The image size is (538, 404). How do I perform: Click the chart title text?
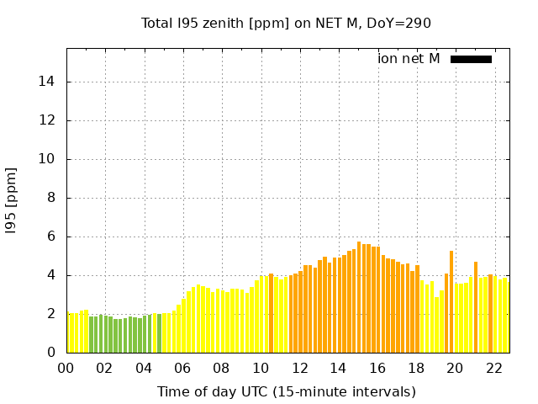tap(286, 23)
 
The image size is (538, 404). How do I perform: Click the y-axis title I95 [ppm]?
tap(11, 200)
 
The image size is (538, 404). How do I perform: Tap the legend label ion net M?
tap(409, 59)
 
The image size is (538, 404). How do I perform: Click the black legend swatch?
tap(471, 59)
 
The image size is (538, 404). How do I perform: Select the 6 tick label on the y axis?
tap(51, 237)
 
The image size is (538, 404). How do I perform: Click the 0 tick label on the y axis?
tap(51, 353)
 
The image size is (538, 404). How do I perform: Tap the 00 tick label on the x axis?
tap(66, 368)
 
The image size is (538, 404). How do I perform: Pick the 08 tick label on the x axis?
tap(221, 368)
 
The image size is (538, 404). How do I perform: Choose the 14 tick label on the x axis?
tap(338, 368)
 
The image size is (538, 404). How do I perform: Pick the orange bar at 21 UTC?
tap(476, 307)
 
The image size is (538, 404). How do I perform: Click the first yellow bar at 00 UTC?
tap(69, 332)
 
